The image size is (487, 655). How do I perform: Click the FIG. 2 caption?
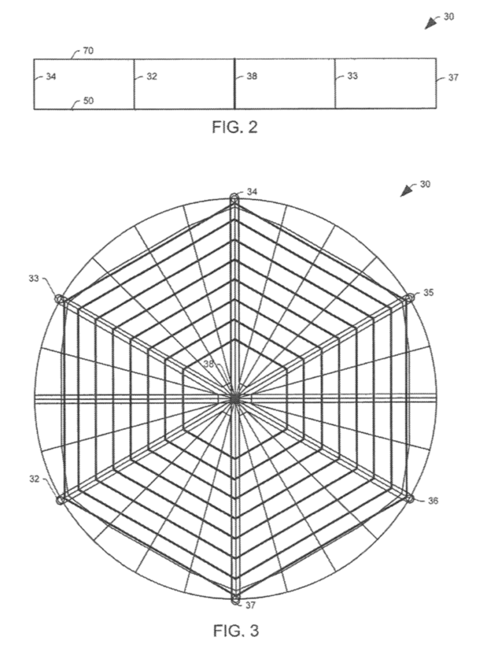pos(235,127)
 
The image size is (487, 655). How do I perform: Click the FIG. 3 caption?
pos(236,630)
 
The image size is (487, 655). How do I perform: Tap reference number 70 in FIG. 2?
pos(88,51)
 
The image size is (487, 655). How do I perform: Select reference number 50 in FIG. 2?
pos(88,100)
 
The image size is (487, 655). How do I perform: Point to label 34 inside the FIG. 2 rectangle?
pos(51,77)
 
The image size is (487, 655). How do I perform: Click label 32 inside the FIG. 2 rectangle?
pos(151,77)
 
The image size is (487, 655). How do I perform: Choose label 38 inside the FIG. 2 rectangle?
pos(252,76)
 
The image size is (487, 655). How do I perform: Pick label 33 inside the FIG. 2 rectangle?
pos(353,76)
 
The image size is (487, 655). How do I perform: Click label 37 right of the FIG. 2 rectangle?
pos(453,77)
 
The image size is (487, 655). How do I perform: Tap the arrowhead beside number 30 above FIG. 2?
pos(430,24)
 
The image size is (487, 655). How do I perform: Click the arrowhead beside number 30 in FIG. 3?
pos(406,192)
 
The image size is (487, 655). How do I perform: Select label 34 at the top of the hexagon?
pos(252,192)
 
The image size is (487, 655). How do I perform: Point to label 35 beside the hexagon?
pos(429,292)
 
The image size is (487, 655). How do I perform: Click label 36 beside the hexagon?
pos(433,500)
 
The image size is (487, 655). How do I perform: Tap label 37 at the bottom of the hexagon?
pos(250,604)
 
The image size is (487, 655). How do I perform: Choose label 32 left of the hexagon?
pos(35,478)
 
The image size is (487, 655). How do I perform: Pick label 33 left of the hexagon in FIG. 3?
pos(33,278)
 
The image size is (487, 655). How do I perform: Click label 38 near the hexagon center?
pos(208,364)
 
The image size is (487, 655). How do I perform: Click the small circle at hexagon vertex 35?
pos(408,298)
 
